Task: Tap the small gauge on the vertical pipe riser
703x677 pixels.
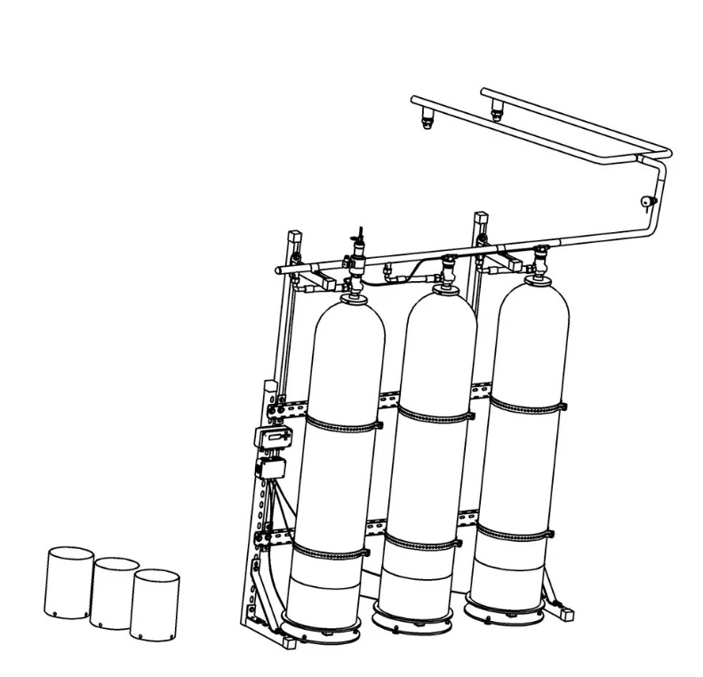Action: coord(644,202)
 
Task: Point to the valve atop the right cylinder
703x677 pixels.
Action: coord(537,262)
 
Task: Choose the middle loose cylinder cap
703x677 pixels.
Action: coord(114,592)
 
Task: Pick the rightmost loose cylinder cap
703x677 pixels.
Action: coord(155,604)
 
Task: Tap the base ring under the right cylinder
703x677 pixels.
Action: coord(504,607)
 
